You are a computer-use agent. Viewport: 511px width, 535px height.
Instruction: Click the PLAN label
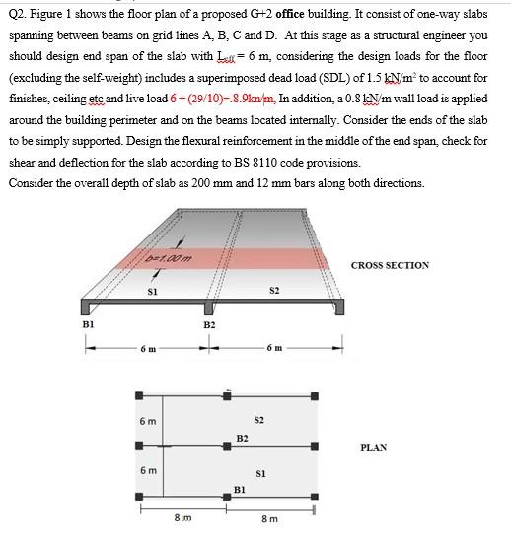(x=373, y=447)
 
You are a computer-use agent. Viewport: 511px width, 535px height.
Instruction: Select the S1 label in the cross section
(x=152, y=292)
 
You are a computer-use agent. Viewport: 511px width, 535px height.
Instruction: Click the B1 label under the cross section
(x=87, y=321)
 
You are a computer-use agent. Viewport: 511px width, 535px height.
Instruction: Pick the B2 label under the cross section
(x=209, y=323)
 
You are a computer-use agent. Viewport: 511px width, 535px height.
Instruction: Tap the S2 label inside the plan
(x=257, y=418)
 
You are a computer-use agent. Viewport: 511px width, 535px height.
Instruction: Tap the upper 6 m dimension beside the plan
(x=147, y=421)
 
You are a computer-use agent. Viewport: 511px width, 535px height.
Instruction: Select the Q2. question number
(x=18, y=11)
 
